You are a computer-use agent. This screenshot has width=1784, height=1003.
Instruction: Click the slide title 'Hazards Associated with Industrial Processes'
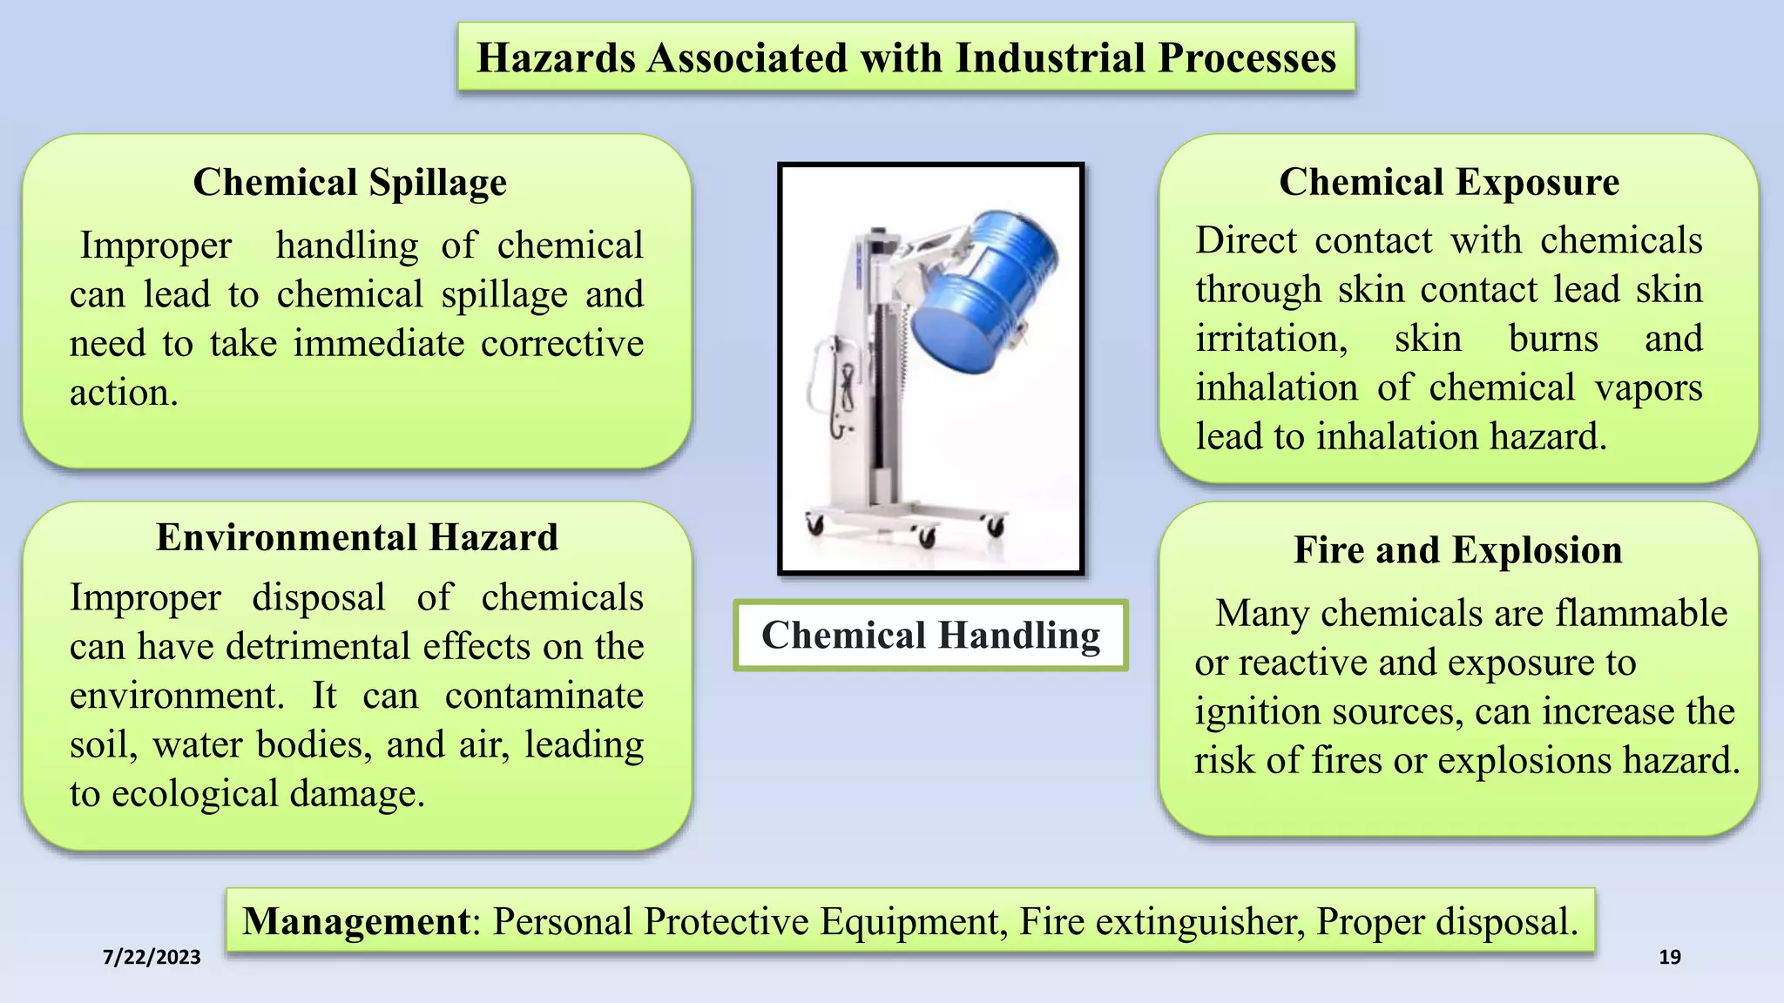coord(906,58)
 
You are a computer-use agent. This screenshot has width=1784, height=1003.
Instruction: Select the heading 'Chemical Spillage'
coord(349,183)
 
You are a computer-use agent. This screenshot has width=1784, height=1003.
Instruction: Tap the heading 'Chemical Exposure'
coord(1449,183)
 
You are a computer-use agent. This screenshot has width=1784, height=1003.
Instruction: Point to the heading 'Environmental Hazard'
coord(357,537)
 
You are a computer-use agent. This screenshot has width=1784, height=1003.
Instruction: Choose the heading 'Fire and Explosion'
coord(1457,550)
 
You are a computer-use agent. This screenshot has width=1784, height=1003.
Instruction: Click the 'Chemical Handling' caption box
coord(930,635)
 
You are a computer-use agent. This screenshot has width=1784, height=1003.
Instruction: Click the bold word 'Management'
coord(356,921)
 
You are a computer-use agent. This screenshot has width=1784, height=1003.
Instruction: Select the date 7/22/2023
coord(152,957)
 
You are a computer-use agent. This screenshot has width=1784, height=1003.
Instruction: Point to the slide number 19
coord(1669,958)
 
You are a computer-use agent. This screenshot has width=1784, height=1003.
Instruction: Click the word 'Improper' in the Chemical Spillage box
coord(156,246)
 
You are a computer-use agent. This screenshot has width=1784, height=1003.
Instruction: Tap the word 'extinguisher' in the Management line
coord(1199,921)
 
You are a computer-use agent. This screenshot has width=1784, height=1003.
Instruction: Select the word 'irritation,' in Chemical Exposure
coord(1271,339)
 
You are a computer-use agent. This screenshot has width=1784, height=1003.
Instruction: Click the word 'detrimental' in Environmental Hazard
coord(319,647)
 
